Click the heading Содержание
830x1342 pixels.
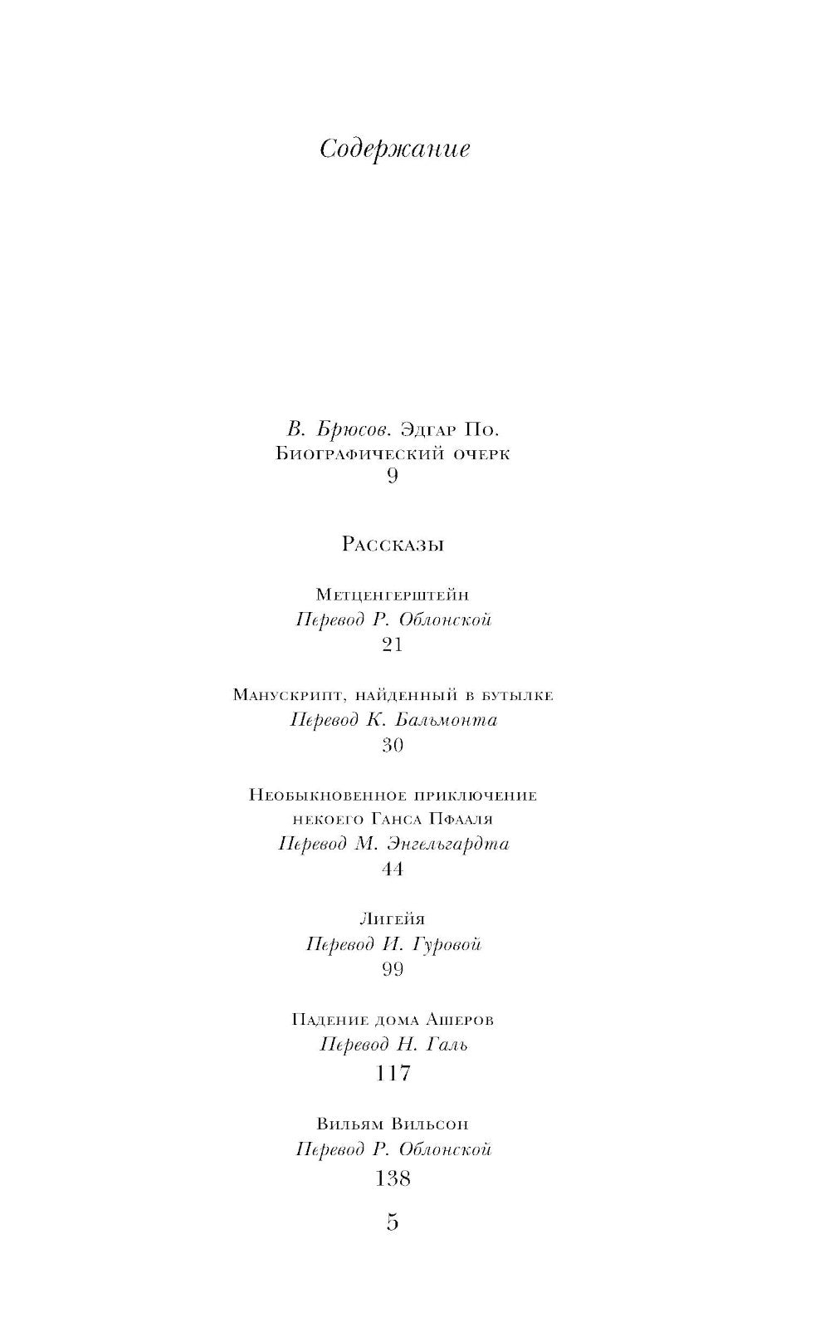pos(394,149)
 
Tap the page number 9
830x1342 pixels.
pos(393,476)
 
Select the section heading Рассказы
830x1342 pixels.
pos(393,545)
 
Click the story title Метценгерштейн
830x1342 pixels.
pos(393,595)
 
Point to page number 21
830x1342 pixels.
pos(393,644)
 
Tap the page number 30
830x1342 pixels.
pos(393,745)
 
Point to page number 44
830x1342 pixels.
pos(393,869)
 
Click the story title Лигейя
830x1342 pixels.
pos(393,919)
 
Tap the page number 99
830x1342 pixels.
pos(393,969)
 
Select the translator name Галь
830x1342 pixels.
pos(447,1045)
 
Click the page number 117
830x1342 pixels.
pos(393,1074)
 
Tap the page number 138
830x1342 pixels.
pos(393,1178)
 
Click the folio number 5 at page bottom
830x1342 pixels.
pos(393,1223)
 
